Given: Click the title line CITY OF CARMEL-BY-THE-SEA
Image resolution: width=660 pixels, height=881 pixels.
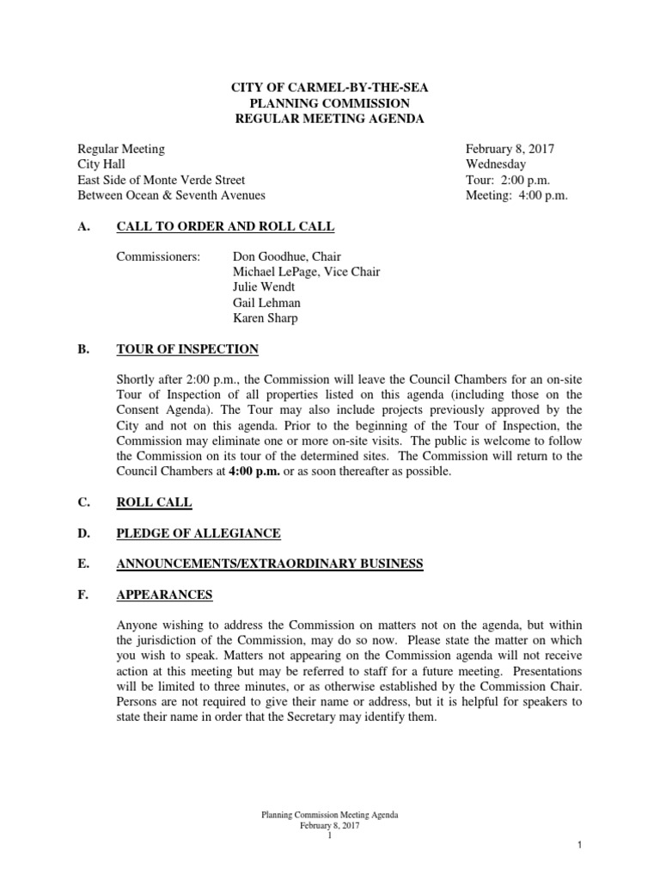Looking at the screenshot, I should coord(330,88).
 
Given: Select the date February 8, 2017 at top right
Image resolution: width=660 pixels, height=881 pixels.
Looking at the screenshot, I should coord(510,149).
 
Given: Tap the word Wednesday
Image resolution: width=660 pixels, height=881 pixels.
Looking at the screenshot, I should coord(496,164).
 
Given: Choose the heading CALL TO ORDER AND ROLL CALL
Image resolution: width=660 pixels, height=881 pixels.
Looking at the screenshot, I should coord(225,226).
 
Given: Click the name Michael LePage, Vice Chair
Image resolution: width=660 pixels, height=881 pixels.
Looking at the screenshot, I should coord(306,272).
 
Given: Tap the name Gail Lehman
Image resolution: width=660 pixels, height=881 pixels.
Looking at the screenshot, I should coord(267,303).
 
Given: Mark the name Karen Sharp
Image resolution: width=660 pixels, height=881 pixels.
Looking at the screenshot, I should coord(266,318).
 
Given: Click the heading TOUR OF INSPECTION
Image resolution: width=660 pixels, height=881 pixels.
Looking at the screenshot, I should coord(187,349).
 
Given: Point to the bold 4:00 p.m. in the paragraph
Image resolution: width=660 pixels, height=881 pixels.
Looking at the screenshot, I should coord(255,472).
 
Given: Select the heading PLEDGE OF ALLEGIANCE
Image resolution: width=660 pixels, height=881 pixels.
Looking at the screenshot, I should coord(199,533).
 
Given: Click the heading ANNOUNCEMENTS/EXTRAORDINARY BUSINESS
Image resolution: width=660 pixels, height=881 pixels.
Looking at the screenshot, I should coord(270,564).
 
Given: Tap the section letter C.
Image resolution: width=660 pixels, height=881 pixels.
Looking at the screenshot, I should coord(82,502).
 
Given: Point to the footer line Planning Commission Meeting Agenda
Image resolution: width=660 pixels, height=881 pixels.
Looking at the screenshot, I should coord(329,813).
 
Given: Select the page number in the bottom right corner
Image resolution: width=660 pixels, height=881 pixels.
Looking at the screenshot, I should coord(580,847).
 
